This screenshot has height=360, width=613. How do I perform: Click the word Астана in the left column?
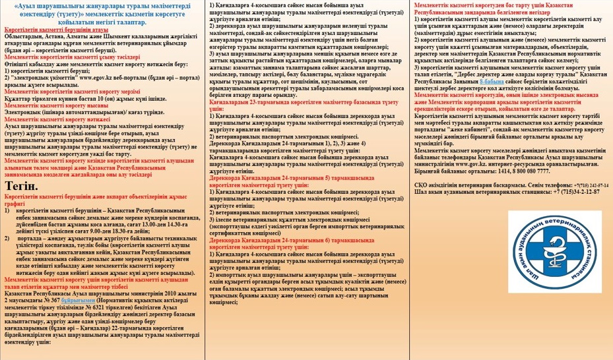pos(50,38)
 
